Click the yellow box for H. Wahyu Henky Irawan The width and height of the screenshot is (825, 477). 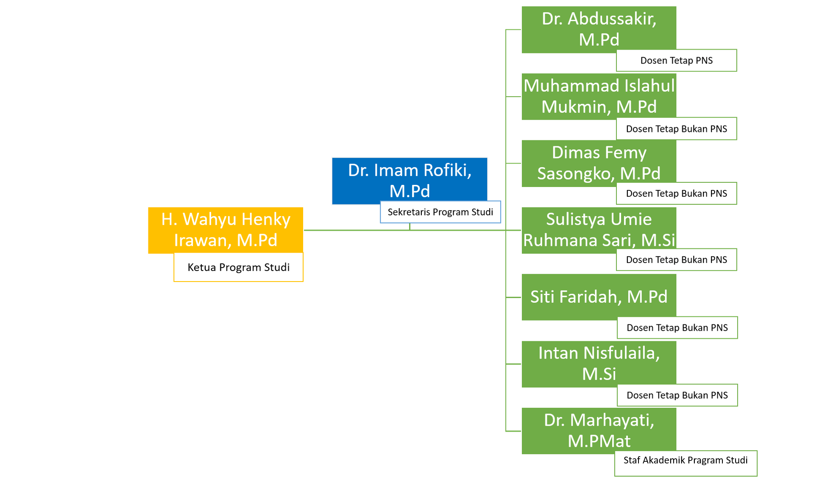[x=225, y=230]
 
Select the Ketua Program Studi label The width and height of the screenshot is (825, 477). [x=238, y=268]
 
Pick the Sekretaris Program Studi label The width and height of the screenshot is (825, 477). [x=440, y=212]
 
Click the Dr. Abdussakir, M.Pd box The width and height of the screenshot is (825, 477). [x=598, y=29]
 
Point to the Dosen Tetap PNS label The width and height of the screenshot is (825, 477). [x=676, y=61]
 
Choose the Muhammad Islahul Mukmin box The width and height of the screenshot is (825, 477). [x=598, y=96]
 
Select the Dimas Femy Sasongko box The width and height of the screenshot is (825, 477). [x=598, y=163]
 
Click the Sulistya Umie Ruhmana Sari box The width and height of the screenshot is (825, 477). [x=598, y=230]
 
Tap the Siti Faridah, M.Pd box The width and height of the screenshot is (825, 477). [x=598, y=297]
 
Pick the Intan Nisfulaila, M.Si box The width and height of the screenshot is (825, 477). [x=598, y=363]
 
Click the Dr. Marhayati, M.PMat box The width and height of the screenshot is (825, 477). [x=598, y=430]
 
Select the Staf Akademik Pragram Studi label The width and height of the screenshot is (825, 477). [x=685, y=461]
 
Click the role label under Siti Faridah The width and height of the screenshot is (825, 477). [x=677, y=328]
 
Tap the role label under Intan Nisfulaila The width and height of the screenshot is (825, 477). [x=677, y=395]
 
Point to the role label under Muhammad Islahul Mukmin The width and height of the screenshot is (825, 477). [x=676, y=129]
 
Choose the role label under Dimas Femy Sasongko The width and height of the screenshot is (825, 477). [x=676, y=194]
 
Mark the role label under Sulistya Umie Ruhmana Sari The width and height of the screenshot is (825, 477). [x=676, y=260]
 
